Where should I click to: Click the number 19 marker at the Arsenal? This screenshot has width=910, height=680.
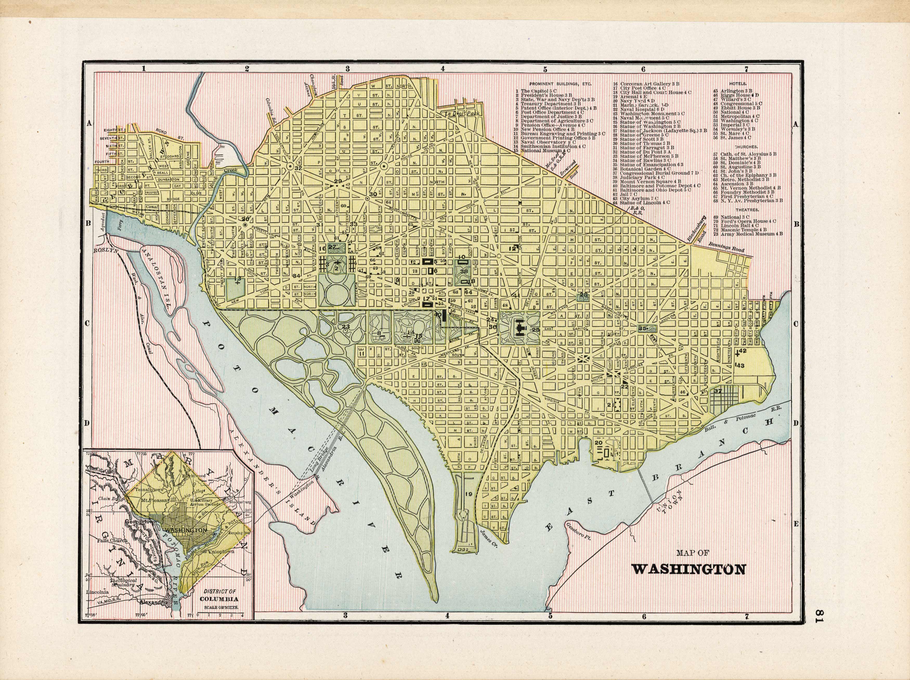(468, 494)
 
